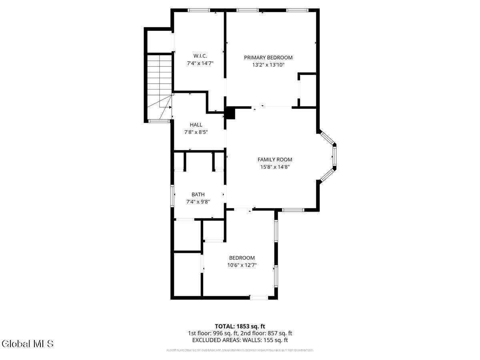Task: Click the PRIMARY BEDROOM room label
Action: click(x=268, y=58)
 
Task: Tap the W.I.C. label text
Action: click(x=200, y=56)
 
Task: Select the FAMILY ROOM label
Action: click(x=274, y=160)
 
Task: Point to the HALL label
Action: click(x=196, y=125)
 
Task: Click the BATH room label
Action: click(x=198, y=194)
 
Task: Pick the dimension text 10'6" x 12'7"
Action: click(x=242, y=265)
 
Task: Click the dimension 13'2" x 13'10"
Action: click(x=268, y=65)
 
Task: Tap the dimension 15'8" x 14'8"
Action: click(x=274, y=167)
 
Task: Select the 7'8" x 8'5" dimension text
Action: click(x=196, y=132)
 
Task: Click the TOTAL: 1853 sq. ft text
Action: click(x=240, y=326)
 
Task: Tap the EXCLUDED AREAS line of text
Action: click(x=240, y=340)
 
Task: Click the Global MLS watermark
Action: click(x=28, y=344)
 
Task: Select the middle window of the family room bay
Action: click(x=335, y=156)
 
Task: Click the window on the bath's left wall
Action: click(x=173, y=196)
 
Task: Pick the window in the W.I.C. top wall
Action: click(x=199, y=10)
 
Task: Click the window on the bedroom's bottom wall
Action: click(x=259, y=297)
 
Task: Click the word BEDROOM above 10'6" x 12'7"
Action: click(x=242, y=258)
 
